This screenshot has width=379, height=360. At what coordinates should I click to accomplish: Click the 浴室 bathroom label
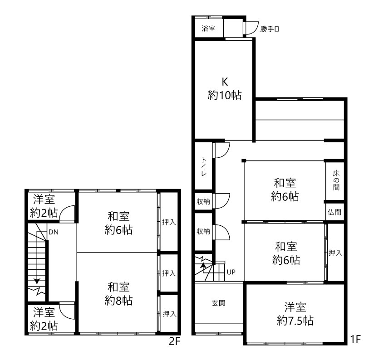(209, 29)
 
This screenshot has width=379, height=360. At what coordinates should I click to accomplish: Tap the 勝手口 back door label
(270, 29)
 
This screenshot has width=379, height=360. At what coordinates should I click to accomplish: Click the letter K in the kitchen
(225, 82)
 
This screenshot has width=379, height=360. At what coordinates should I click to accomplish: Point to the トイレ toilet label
(204, 166)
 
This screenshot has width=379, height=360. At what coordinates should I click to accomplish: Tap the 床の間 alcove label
(336, 180)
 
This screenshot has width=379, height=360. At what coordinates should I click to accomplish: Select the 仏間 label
(335, 212)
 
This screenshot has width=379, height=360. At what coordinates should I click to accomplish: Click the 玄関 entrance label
(218, 303)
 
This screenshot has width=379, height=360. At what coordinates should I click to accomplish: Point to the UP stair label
(231, 272)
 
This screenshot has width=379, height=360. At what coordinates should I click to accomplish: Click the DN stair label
(54, 232)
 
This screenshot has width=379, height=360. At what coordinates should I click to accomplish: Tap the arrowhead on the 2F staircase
(37, 281)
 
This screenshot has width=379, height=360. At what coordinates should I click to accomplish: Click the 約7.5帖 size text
(295, 321)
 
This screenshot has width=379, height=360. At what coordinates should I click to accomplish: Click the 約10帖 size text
(225, 95)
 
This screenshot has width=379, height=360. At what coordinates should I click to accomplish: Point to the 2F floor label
(175, 341)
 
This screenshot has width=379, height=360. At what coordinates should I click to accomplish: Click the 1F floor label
(355, 340)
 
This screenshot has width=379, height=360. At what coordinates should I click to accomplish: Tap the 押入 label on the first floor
(335, 253)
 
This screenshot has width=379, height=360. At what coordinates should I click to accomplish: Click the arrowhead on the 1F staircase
(203, 265)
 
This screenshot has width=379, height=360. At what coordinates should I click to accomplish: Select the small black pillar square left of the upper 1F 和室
(244, 161)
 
